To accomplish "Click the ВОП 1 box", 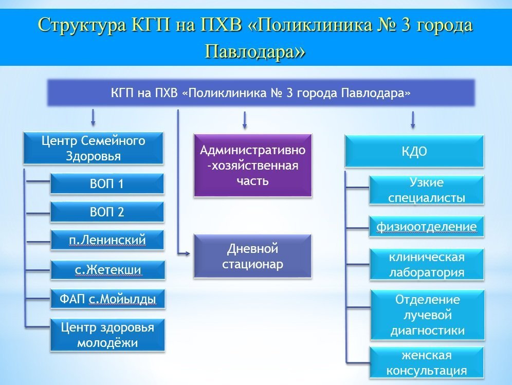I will pyautogui.click(x=107, y=184).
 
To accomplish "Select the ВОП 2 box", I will pyautogui.click(x=107, y=212).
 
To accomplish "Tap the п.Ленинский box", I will pyautogui.click(x=107, y=240).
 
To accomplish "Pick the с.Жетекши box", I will pyautogui.click(x=107, y=270).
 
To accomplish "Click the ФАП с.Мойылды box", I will pyautogui.click(x=107, y=299).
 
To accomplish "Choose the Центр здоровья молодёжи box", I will pyautogui.click(x=107, y=335).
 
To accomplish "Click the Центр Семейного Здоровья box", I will pyautogui.click(x=93, y=148).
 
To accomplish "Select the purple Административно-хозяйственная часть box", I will pyautogui.click(x=252, y=165).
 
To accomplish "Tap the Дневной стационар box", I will pyautogui.click(x=252, y=256).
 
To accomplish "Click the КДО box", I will pyautogui.click(x=414, y=151).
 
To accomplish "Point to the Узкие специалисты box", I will pyautogui.click(x=426, y=190).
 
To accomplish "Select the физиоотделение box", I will pyautogui.click(x=426, y=227).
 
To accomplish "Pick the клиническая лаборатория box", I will pyautogui.click(x=426, y=264).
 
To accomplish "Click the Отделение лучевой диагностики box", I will pyautogui.click(x=427, y=315).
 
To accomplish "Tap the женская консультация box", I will pyautogui.click(x=427, y=363).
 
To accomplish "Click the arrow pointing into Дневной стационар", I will pyautogui.click(x=185, y=253).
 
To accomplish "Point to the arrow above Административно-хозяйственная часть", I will pyautogui.click(x=245, y=120).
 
